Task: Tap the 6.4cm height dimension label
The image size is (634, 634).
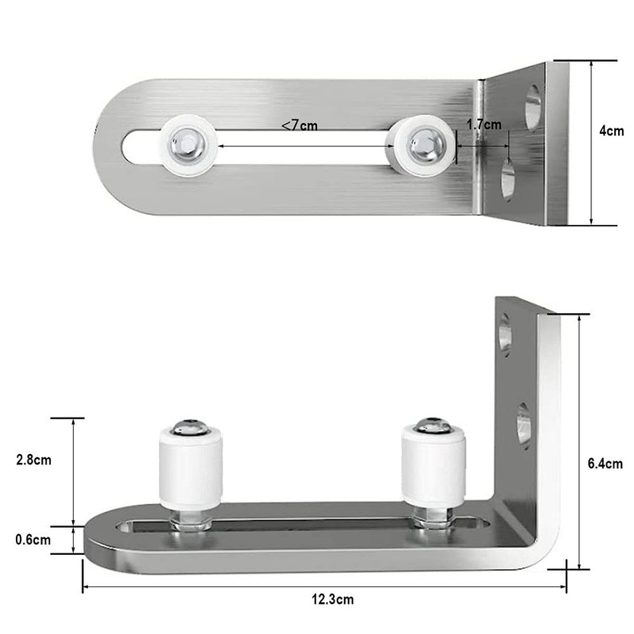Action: (605, 464)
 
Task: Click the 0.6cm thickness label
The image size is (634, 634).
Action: (32, 540)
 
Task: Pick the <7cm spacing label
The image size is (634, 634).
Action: (300, 125)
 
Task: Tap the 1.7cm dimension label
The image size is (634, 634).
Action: (483, 124)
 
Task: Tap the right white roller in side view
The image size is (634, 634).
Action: (433, 468)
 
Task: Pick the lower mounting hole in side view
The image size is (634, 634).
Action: (524, 425)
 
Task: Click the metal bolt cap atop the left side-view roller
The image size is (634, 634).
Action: (190, 427)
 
